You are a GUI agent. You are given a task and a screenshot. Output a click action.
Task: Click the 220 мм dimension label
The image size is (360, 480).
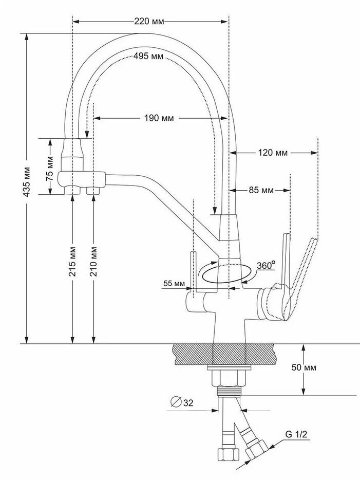click(148, 22)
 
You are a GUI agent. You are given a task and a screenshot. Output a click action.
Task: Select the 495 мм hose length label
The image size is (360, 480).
click(148, 56)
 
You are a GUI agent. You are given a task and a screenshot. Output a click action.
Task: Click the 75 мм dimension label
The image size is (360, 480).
click(50, 165)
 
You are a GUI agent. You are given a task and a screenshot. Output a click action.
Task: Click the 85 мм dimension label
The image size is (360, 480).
click(261, 191)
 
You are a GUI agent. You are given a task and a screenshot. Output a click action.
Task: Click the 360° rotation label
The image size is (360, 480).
click(266, 266)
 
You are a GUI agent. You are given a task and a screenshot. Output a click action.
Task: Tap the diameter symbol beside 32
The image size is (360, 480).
click(176, 403)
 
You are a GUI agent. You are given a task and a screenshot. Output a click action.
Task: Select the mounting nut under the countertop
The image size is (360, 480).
click(229, 380)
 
